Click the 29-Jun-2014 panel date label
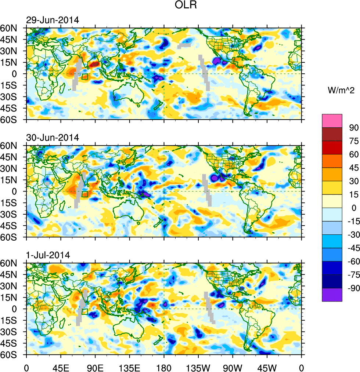53,20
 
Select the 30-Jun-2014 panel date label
53,138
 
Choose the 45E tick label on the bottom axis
61,366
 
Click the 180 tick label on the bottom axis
164,366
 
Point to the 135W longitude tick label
198,366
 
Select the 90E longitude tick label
95,366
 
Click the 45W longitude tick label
267,366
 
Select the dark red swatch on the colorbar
332,134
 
